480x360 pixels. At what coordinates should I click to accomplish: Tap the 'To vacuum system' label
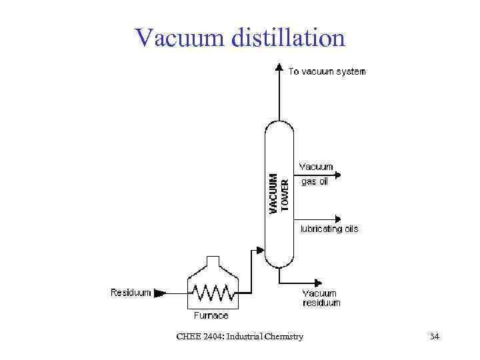(327, 71)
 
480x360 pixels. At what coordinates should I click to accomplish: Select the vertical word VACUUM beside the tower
(273, 193)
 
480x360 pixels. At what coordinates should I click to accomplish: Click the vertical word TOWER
(285, 194)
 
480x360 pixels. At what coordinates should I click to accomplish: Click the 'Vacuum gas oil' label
(316, 174)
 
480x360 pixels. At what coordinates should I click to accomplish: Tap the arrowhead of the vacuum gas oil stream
(337, 175)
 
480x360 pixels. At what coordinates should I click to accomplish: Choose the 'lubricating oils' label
(329, 229)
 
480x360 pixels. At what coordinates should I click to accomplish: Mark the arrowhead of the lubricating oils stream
(337, 219)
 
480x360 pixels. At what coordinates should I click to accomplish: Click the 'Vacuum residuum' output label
(321, 297)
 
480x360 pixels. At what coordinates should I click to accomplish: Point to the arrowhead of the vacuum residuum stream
(323, 283)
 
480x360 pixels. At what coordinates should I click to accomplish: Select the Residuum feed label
(131, 292)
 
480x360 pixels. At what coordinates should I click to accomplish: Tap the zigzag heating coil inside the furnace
(211, 292)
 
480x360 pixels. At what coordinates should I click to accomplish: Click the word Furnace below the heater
(211, 315)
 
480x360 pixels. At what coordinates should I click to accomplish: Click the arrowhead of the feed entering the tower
(261, 251)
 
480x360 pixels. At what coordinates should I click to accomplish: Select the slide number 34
(435, 337)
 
